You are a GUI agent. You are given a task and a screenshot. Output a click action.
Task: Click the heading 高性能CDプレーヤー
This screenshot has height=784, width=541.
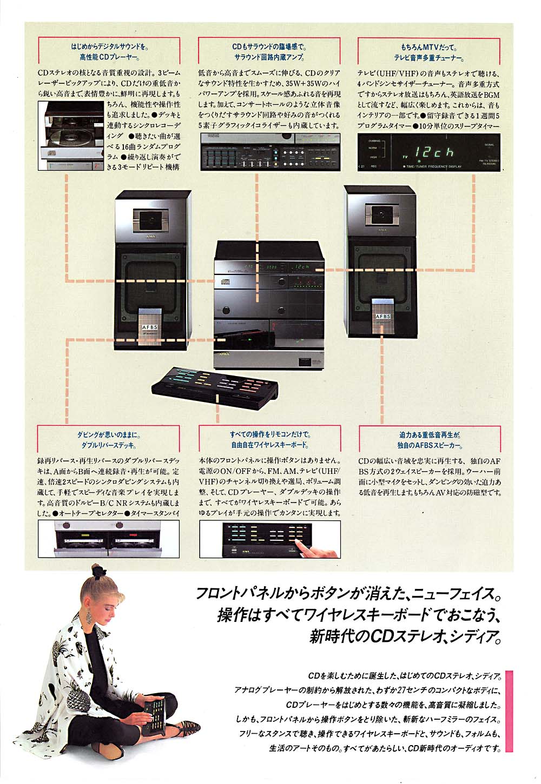(109, 57)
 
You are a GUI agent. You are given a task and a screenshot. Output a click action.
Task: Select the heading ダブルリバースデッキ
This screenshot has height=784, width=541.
(108, 446)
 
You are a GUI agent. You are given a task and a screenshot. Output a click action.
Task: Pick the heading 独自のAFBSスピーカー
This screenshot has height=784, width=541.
(430, 445)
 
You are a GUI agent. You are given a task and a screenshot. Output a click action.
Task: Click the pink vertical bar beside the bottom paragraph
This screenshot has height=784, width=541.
(509, 712)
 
